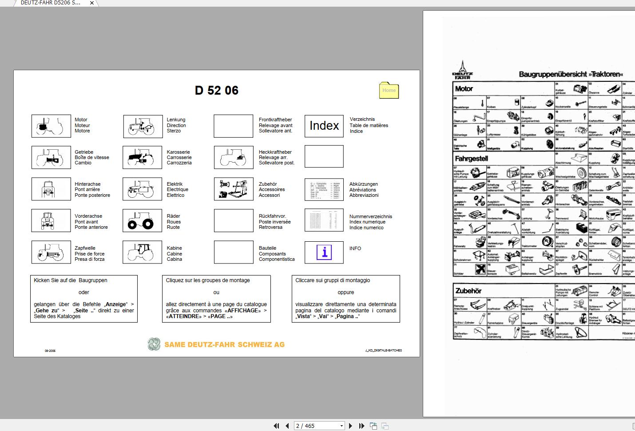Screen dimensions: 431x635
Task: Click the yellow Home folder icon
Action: click(389, 90)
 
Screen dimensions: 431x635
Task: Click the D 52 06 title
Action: click(217, 91)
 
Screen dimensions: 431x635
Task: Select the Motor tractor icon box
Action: click(51, 126)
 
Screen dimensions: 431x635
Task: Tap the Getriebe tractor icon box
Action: click(51, 157)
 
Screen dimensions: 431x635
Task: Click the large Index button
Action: click(324, 126)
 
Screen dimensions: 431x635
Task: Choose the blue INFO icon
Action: click(324, 252)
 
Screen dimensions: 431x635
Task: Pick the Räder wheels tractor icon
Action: click(142, 220)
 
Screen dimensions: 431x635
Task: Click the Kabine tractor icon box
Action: click(142, 252)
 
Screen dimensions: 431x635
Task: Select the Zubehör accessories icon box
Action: click(234, 189)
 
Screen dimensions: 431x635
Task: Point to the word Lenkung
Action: click(176, 120)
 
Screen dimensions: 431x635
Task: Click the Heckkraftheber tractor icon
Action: click(234, 157)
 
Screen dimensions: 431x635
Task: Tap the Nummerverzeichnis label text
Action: click(370, 216)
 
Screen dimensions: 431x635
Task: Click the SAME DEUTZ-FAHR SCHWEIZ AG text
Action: click(224, 345)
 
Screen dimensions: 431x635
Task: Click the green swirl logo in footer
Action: click(154, 344)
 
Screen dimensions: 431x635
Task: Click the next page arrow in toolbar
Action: click(350, 426)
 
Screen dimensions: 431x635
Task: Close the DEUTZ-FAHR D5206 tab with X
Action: click(92, 3)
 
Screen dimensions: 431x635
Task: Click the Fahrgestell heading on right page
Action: click(471, 159)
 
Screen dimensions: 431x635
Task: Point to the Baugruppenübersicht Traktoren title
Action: click(571, 74)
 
